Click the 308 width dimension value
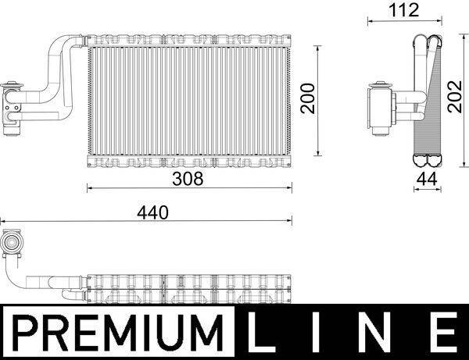(x=188, y=179)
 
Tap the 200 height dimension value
(x=310, y=99)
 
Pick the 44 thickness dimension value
(x=425, y=179)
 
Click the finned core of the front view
(x=188, y=102)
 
